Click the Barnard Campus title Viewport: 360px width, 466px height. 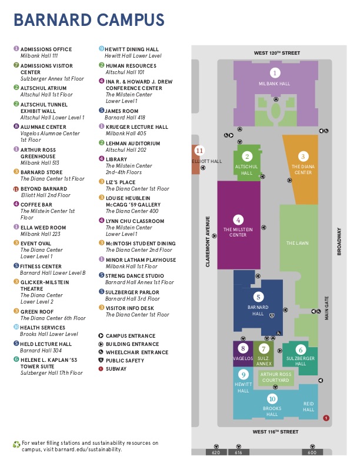(x=89, y=20)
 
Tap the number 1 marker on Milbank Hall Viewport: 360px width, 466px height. (x=274, y=73)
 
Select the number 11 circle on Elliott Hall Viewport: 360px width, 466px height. (x=199, y=151)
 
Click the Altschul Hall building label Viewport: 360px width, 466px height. (x=247, y=170)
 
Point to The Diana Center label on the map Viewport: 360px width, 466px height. (x=303, y=169)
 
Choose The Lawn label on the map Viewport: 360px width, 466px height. (x=298, y=242)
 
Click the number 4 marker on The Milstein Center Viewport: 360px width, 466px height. (x=238, y=219)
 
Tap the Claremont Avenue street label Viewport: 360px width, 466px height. (x=208, y=242)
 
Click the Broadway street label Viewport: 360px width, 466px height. (x=339, y=241)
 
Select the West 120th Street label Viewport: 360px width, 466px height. (x=276, y=53)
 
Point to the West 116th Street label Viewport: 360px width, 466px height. (x=276, y=431)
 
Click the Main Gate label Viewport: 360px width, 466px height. (x=326, y=307)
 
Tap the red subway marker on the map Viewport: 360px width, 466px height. (x=326, y=418)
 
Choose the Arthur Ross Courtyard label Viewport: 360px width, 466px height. (x=275, y=377)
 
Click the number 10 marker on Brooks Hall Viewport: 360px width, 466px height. (x=272, y=399)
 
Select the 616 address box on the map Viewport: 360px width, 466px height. (x=238, y=452)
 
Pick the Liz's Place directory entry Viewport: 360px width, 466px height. (x=121, y=182)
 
